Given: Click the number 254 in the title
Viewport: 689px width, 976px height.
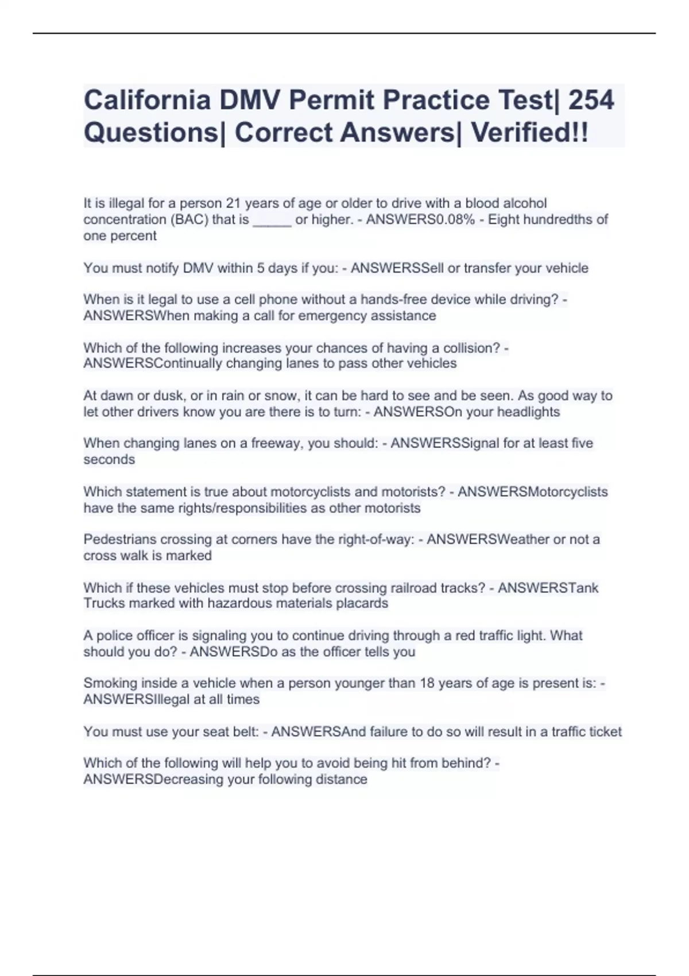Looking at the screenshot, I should click(x=591, y=100).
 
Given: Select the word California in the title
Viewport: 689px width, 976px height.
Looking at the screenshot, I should click(x=147, y=100).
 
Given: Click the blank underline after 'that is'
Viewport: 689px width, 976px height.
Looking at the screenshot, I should click(x=272, y=220).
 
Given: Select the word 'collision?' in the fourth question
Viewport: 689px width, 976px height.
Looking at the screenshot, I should click(x=472, y=348).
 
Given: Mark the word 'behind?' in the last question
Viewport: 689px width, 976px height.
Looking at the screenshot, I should click(x=467, y=763).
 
